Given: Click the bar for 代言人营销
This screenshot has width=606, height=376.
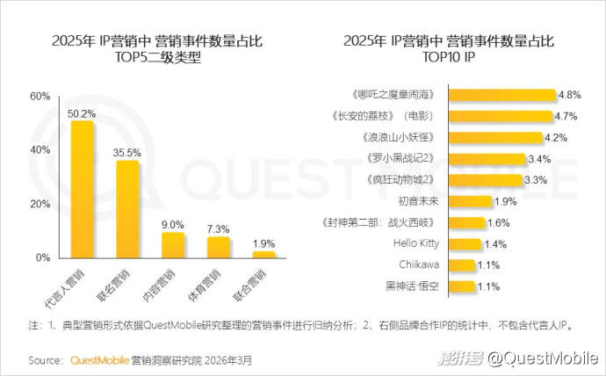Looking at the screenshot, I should point(83,189).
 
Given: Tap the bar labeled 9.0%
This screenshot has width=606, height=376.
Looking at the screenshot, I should point(173,244).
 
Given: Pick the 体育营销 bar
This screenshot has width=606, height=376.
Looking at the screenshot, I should point(218,247).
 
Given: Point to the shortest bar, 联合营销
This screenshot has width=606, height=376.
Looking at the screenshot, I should point(263,254).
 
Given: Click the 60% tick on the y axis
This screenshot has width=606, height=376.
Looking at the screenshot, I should point(40,97).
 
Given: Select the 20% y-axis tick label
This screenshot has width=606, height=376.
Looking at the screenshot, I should point(40,204).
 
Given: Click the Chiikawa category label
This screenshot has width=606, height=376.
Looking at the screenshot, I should point(418,264).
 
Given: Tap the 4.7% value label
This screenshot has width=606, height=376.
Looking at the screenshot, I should point(567,116).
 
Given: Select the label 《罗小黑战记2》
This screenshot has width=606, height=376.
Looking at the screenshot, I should point(404,159).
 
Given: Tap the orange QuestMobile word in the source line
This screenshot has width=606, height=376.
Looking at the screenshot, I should point(99,360).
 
